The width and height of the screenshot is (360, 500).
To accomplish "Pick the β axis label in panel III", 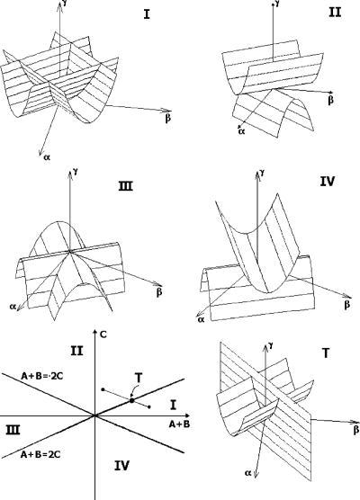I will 159,293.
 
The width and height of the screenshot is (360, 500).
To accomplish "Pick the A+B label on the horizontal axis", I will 158,424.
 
